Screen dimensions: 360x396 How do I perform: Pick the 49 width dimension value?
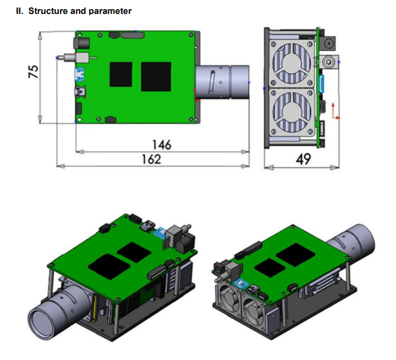(302, 159)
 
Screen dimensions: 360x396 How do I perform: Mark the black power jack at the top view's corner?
(79, 44)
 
